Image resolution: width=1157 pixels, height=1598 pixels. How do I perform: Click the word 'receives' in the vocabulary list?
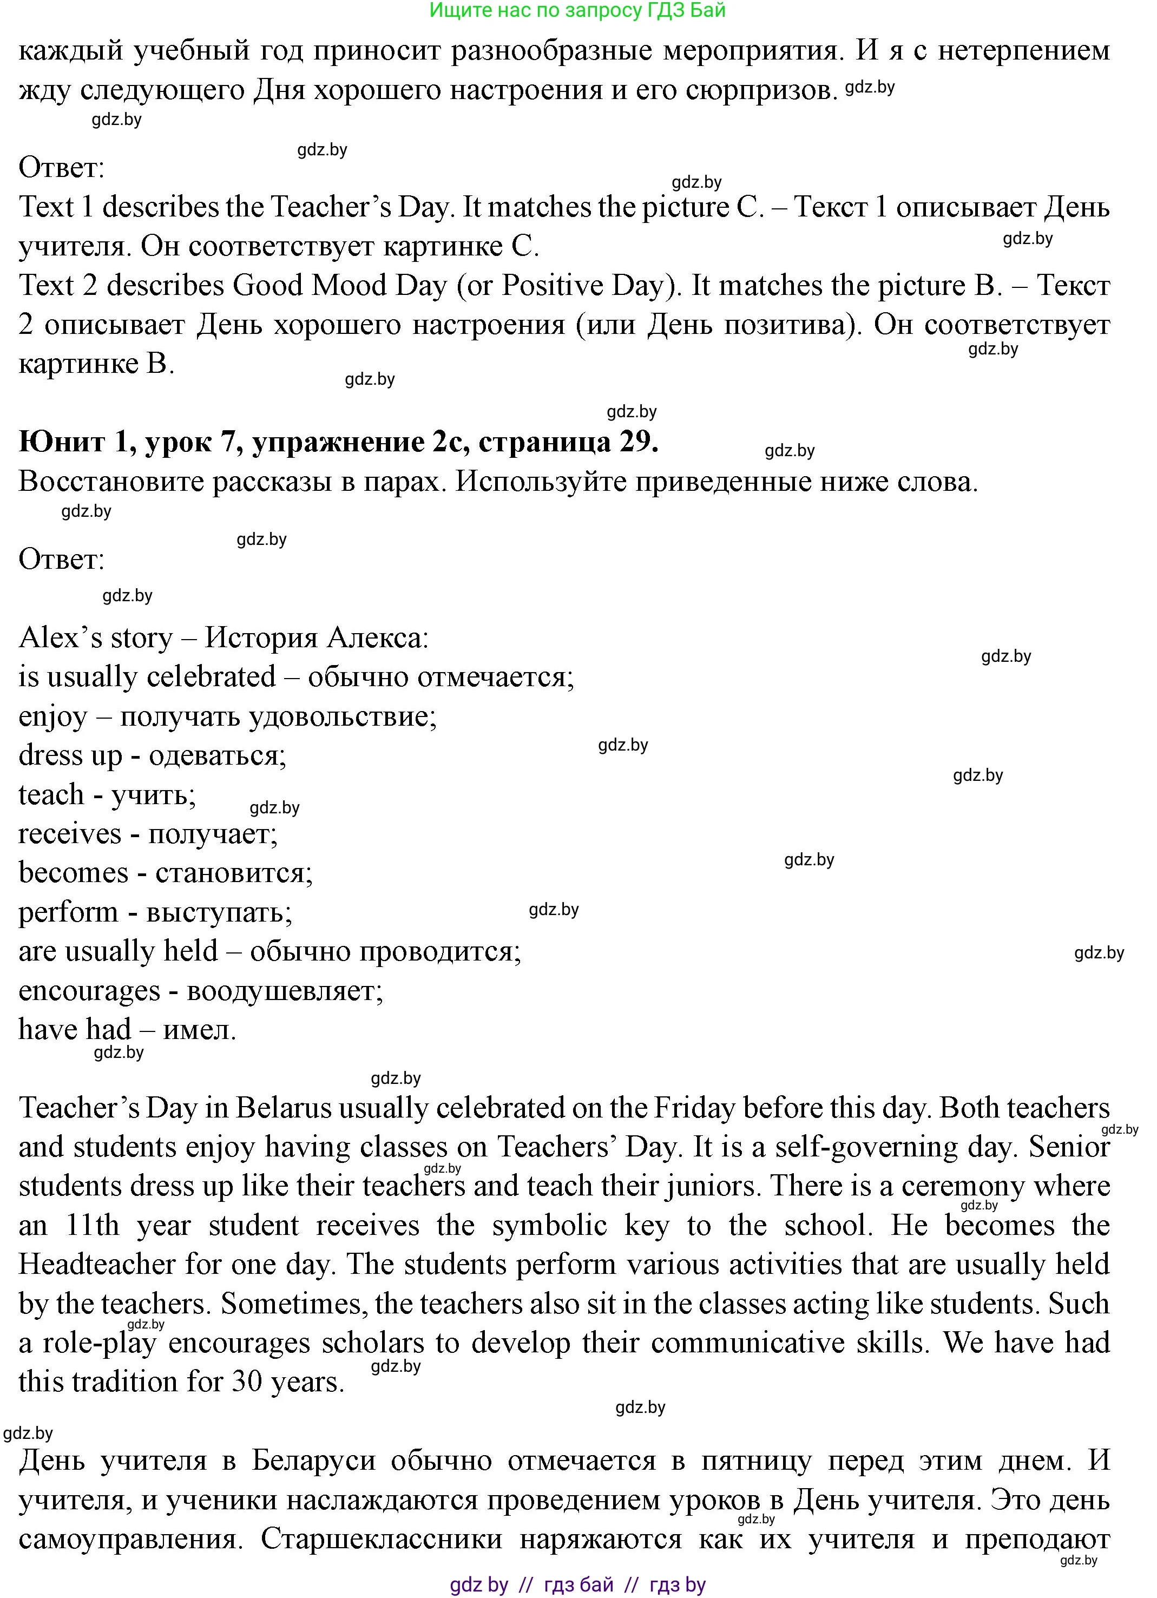[x=70, y=834]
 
